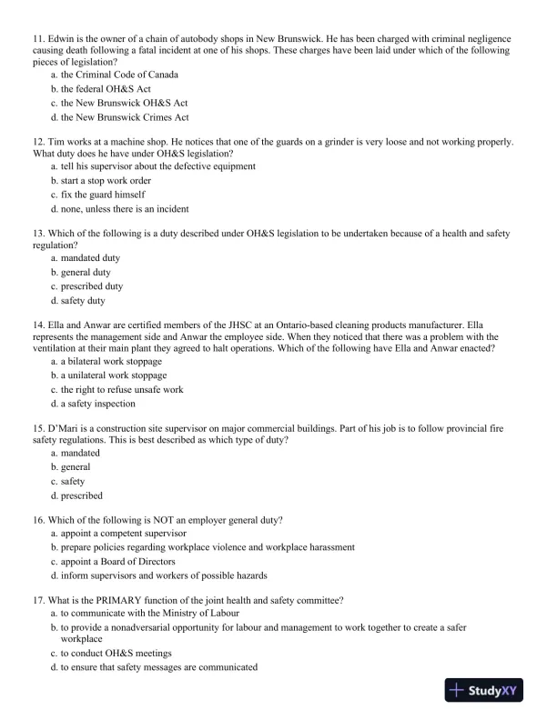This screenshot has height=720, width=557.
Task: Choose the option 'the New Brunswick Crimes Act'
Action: click(x=125, y=117)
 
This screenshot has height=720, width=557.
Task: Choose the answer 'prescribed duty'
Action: click(x=91, y=286)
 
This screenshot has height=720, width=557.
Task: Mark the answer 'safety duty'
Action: click(x=83, y=301)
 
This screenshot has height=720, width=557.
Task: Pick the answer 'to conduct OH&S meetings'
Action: click(x=116, y=653)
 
